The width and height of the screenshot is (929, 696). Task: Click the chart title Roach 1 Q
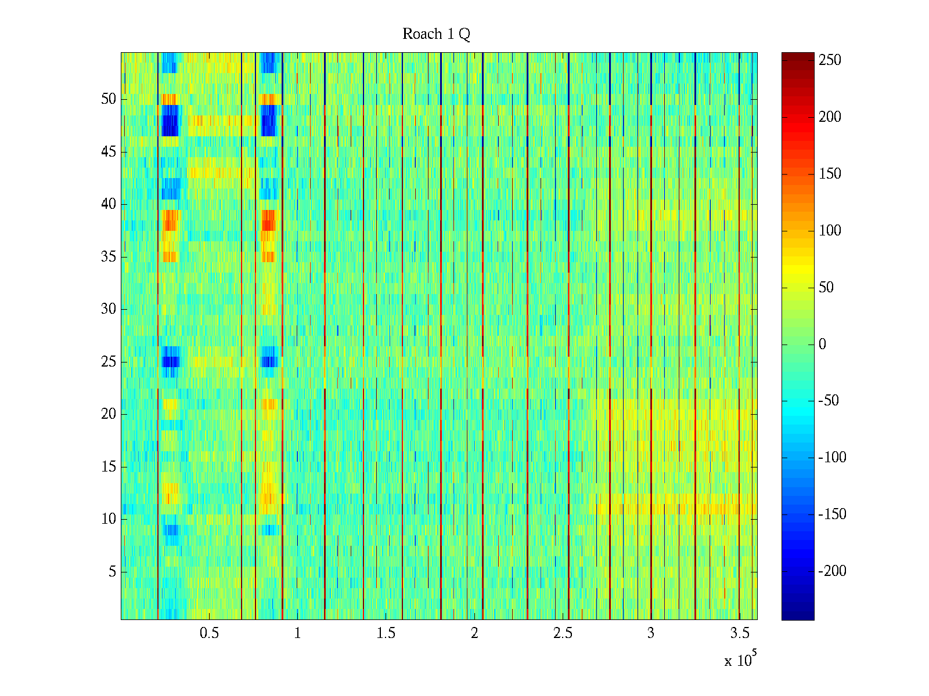point(436,34)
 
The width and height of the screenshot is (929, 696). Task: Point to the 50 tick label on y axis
point(109,99)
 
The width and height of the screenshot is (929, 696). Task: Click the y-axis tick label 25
point(109,361)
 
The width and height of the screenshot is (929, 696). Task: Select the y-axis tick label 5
point(112,572)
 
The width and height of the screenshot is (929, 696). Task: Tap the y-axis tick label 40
point(109,204)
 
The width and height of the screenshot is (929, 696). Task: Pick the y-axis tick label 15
point(109,466)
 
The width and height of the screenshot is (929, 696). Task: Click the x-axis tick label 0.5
point(209,633)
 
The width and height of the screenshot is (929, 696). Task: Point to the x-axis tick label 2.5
point(563,633)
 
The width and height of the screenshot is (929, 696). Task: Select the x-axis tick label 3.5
point(739,633)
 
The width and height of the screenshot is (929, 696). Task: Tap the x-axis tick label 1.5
point(386,633)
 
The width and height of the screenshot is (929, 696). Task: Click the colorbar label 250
point(830,60)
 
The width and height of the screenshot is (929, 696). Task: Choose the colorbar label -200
point(832,571)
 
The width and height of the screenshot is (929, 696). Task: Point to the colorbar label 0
point(822,345)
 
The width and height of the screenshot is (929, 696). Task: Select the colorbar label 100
point(830,231)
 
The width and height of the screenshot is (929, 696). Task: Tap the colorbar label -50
point(829,401)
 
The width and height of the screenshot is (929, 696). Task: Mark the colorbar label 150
point(830,174)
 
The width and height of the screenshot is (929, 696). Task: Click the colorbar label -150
point(832,514)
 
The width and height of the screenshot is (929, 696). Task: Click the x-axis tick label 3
point(651,633)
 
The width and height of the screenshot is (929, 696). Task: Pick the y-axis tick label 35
point(109,256)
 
